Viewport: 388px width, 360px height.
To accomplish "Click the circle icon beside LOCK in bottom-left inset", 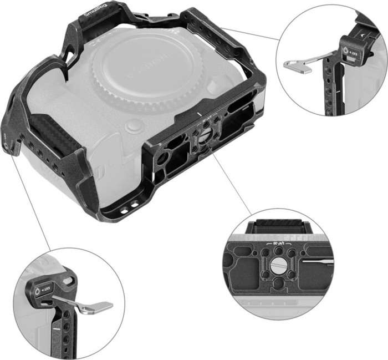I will (38, 290).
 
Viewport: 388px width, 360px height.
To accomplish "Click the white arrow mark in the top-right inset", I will (360, 34).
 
